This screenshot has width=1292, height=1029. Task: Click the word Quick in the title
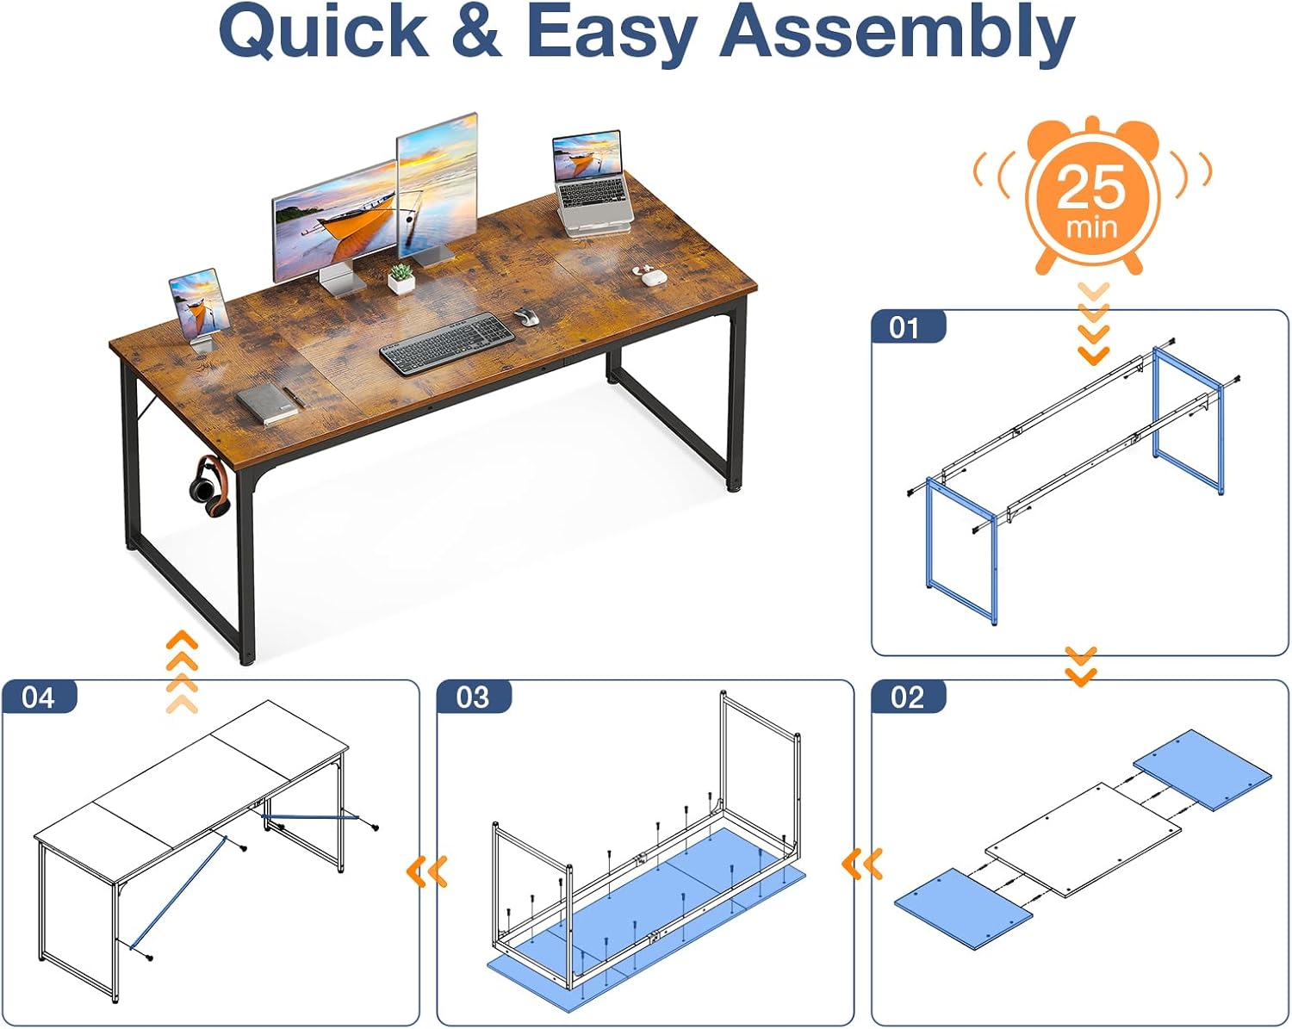(x=324, y=33)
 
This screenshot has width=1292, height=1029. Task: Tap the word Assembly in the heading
(x=898, y=36)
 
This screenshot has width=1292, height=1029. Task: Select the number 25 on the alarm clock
(x=1091, y=188)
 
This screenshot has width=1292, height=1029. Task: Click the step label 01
(x=904, y=328)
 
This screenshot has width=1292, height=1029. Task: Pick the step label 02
(x=907, y=697)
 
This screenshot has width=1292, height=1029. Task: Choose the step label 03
(x=473, y=697)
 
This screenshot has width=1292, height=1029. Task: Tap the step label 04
(x=38, y=697)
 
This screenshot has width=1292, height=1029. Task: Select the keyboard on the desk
(x=447, y=344)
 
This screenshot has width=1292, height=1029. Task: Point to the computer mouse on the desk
(x=526, y=316)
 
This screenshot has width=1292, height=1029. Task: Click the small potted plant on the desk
(x=401, y=279)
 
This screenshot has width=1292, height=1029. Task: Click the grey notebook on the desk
(x=267, y=404)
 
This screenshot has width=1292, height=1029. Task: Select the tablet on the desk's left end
(x=199, y=309)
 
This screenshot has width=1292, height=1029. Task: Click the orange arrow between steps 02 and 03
(x=862, y=863)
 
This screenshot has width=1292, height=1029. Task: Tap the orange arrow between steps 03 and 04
(x=427, y=871)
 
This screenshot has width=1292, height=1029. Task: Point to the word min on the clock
(x=1091, y=228)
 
